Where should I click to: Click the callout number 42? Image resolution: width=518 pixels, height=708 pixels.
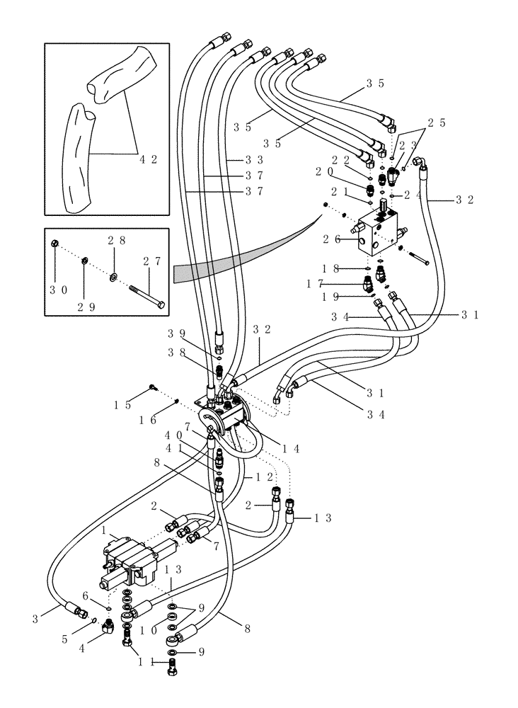pyautogui.click(x=148, y=160)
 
